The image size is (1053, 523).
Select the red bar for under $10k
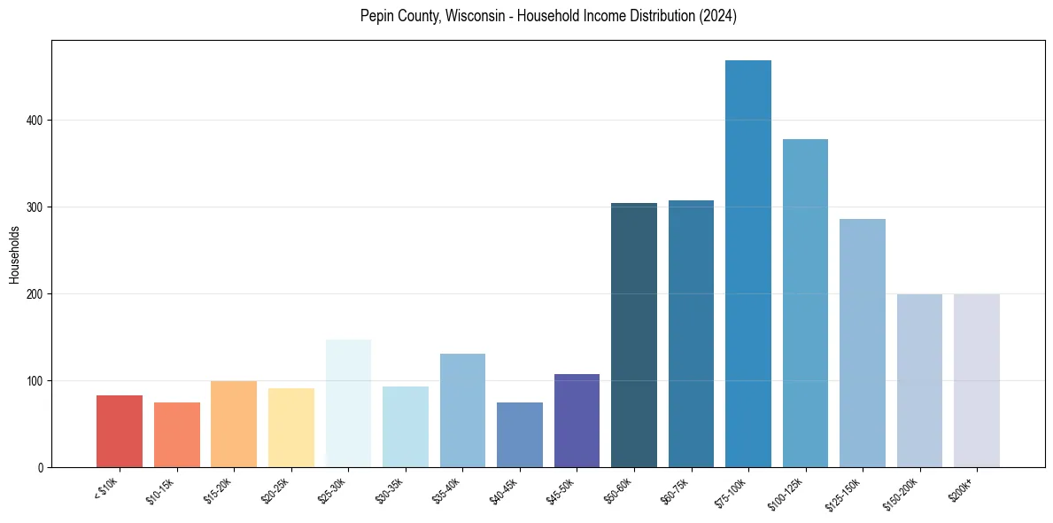click(120, 432)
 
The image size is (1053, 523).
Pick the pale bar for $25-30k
click(348, 403)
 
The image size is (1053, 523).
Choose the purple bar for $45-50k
click(577, 421)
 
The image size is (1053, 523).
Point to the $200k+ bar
click(977, 380)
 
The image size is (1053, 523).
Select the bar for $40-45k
click(520, 435)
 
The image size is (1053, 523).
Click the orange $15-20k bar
click(234, 425)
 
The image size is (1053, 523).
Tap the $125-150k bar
click(863, 343)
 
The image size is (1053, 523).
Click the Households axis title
click(14, 254)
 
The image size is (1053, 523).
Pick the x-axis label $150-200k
click(902, 493)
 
